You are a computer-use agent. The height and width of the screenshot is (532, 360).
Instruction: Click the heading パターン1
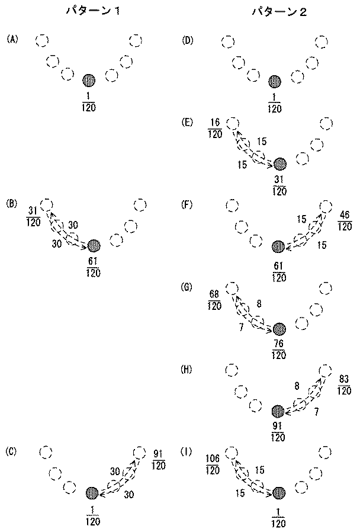92,12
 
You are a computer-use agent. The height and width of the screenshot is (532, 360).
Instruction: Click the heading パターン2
279,12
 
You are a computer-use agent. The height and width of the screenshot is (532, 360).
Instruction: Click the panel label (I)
187,452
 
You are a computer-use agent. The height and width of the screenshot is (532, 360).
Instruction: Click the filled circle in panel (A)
89,81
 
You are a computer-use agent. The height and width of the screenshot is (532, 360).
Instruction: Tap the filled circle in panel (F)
278,246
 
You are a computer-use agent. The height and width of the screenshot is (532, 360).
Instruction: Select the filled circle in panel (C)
92,493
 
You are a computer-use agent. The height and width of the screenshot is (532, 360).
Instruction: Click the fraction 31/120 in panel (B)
33,217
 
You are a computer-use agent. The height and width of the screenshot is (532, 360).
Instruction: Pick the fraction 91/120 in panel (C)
158,459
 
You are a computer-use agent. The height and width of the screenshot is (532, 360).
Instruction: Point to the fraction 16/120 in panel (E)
215,128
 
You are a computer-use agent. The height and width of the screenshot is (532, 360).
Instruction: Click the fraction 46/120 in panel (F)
345,220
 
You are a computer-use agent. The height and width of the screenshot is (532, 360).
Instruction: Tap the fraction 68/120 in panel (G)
214,300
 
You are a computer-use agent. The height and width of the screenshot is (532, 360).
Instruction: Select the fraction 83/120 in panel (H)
344,384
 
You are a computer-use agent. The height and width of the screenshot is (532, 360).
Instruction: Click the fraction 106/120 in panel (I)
213,464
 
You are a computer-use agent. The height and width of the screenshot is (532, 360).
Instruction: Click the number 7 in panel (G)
242,327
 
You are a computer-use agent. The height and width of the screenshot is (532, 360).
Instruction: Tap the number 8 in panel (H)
297,386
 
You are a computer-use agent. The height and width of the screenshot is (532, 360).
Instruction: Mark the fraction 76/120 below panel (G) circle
279,349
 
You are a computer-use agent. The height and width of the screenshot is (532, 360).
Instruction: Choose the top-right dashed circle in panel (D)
322,42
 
